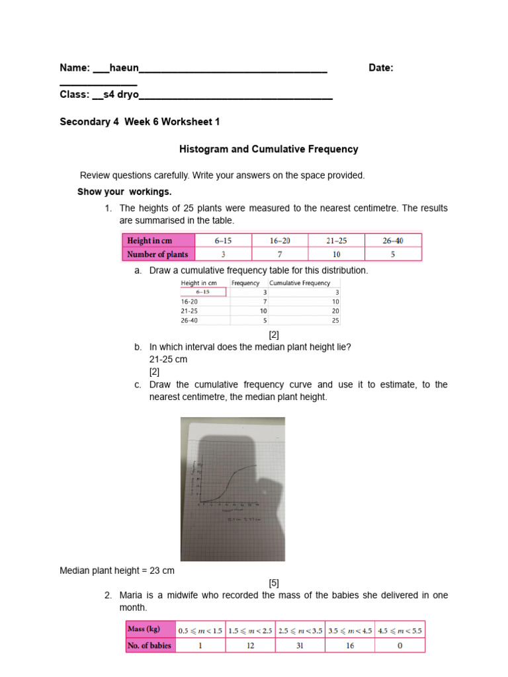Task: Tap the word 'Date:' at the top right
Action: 381,68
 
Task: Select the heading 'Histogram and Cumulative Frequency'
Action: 269,149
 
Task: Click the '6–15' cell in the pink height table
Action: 223,241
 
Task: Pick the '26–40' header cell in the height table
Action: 393,241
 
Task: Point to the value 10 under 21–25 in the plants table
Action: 337,254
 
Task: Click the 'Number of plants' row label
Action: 157,254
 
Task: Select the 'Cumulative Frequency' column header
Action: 300,283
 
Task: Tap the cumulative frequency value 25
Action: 335,320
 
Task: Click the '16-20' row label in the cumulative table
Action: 189,301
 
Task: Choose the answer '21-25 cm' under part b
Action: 168,359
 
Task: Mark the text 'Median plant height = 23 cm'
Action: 117,570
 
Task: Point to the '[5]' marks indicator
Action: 274,582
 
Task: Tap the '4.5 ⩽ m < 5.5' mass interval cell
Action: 400,629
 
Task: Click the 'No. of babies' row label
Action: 151,645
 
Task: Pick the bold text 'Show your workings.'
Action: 124,192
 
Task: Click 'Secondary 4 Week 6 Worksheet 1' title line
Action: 140,122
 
